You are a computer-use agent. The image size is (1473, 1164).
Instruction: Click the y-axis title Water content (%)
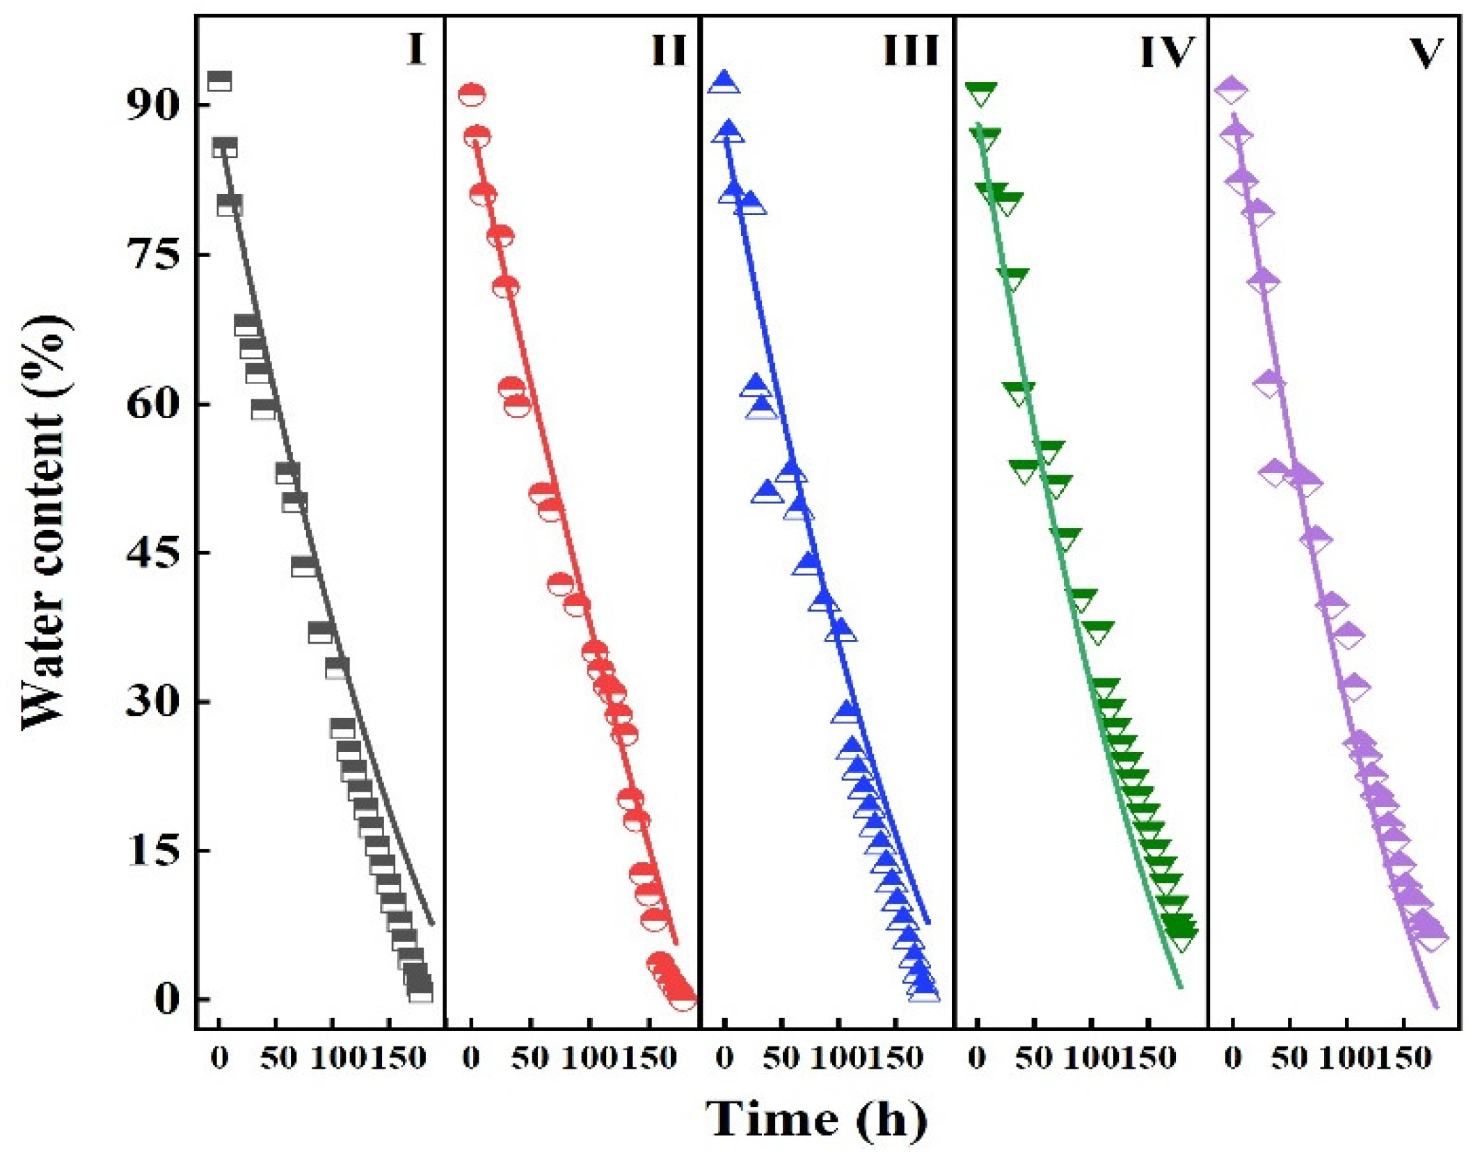click(45, 523)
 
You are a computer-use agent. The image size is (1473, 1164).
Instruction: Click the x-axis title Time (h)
click(816, 1119)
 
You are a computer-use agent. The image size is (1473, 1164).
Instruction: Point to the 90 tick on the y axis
click(152, 106)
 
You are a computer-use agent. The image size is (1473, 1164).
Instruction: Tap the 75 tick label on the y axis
click(152, 255)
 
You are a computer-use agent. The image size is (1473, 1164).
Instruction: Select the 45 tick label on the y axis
click(152, 553)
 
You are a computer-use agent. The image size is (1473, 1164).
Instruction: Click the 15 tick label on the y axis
click(152, 851)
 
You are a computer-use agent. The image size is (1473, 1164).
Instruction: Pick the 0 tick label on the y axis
click(167, 1000)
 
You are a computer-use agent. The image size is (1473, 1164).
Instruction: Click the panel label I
click(415, 50)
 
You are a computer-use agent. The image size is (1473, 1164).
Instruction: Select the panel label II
click(669, 50)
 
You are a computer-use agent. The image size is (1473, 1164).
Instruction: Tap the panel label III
click(911, 50)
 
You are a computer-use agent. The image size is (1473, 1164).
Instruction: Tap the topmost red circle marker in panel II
click(472, 95)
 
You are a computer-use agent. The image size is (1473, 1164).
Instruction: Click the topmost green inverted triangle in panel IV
click(981, 93)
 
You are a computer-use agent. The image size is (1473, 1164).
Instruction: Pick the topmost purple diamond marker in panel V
click(1231, 90)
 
